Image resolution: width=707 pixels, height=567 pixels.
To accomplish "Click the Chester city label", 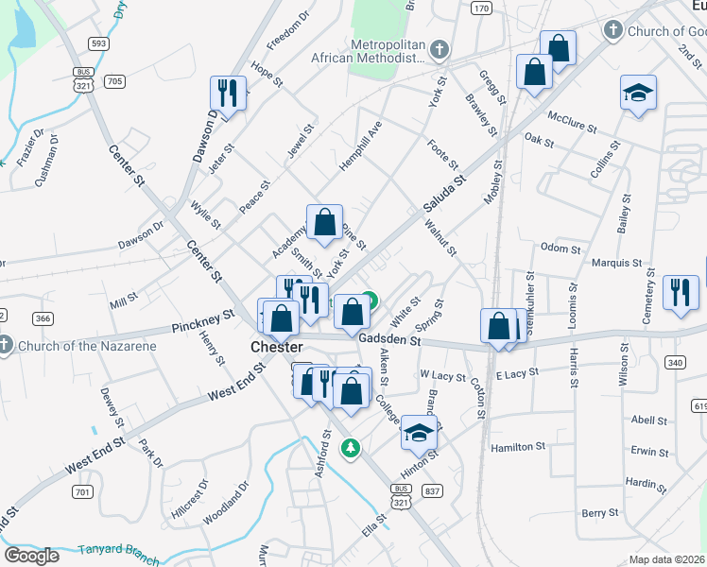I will pos(276,347).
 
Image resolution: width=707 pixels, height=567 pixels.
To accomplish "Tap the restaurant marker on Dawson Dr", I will pos(227,92).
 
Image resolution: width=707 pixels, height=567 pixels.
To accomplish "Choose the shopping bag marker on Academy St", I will pos(324,223).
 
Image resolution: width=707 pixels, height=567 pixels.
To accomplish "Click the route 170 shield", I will pos(481,9).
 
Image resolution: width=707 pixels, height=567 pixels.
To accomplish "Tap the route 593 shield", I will pos(98,43).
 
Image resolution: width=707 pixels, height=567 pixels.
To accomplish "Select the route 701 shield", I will pos(82,491).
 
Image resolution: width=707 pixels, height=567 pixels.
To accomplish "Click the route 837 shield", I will pos(433,490).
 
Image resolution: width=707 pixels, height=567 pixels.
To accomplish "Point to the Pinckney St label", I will pos(202,324).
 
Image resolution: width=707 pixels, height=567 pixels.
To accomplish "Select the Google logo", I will pos(31,556).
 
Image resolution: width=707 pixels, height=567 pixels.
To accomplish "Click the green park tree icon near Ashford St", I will pos(351,447).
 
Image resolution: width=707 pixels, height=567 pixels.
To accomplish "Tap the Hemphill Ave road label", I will pos(360,145).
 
